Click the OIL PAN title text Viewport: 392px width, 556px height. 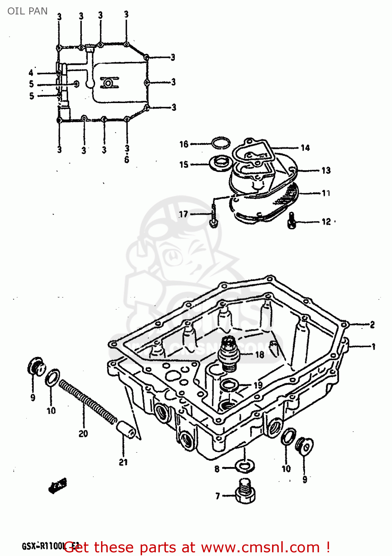click(27, 11)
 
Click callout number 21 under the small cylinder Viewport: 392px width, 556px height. click(123, 462)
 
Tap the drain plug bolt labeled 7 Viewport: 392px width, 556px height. click(245, 493)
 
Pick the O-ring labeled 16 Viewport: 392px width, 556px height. click(221, 143)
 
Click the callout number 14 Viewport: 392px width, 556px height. click(305, 148)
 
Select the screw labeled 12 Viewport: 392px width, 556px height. click(292, 221)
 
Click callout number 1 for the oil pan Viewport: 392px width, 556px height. click(373, 347)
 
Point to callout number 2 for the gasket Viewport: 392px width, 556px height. click(372, 325)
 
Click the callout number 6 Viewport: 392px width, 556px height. click(127, 160)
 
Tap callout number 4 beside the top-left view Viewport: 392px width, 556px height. click(31, 73)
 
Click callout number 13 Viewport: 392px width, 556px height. click(326, 171)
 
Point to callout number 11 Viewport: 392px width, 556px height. click(326, 193)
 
